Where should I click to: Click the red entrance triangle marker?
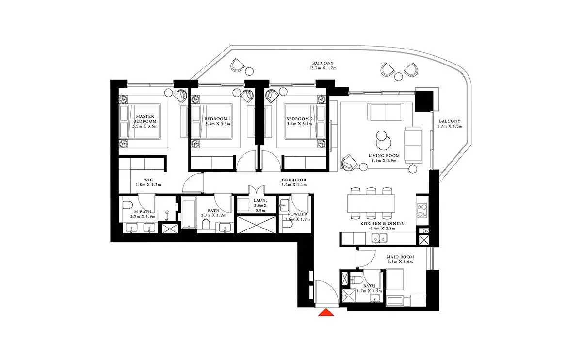(326, 312)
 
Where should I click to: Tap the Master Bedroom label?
(145, 119)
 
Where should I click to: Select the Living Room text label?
(384, 156)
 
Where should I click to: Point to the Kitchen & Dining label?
(383, 223)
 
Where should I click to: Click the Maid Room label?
(400, 257)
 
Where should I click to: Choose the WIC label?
(148, 180)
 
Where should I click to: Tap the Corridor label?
(294, 180)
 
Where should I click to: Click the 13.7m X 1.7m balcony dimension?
(323, 68)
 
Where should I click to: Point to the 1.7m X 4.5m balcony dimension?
(450, 126)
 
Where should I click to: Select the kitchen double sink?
(379, 238)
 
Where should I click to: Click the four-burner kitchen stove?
(422, 211)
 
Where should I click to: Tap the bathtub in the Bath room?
(189, 213)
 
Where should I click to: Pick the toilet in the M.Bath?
(128, 205)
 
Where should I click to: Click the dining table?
(371, 203)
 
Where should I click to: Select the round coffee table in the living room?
(384, 141)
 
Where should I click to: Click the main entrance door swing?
(327, 292)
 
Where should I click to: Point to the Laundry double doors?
(257, 190)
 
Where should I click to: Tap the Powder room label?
(297, 214)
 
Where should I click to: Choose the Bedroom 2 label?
(299, 119)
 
